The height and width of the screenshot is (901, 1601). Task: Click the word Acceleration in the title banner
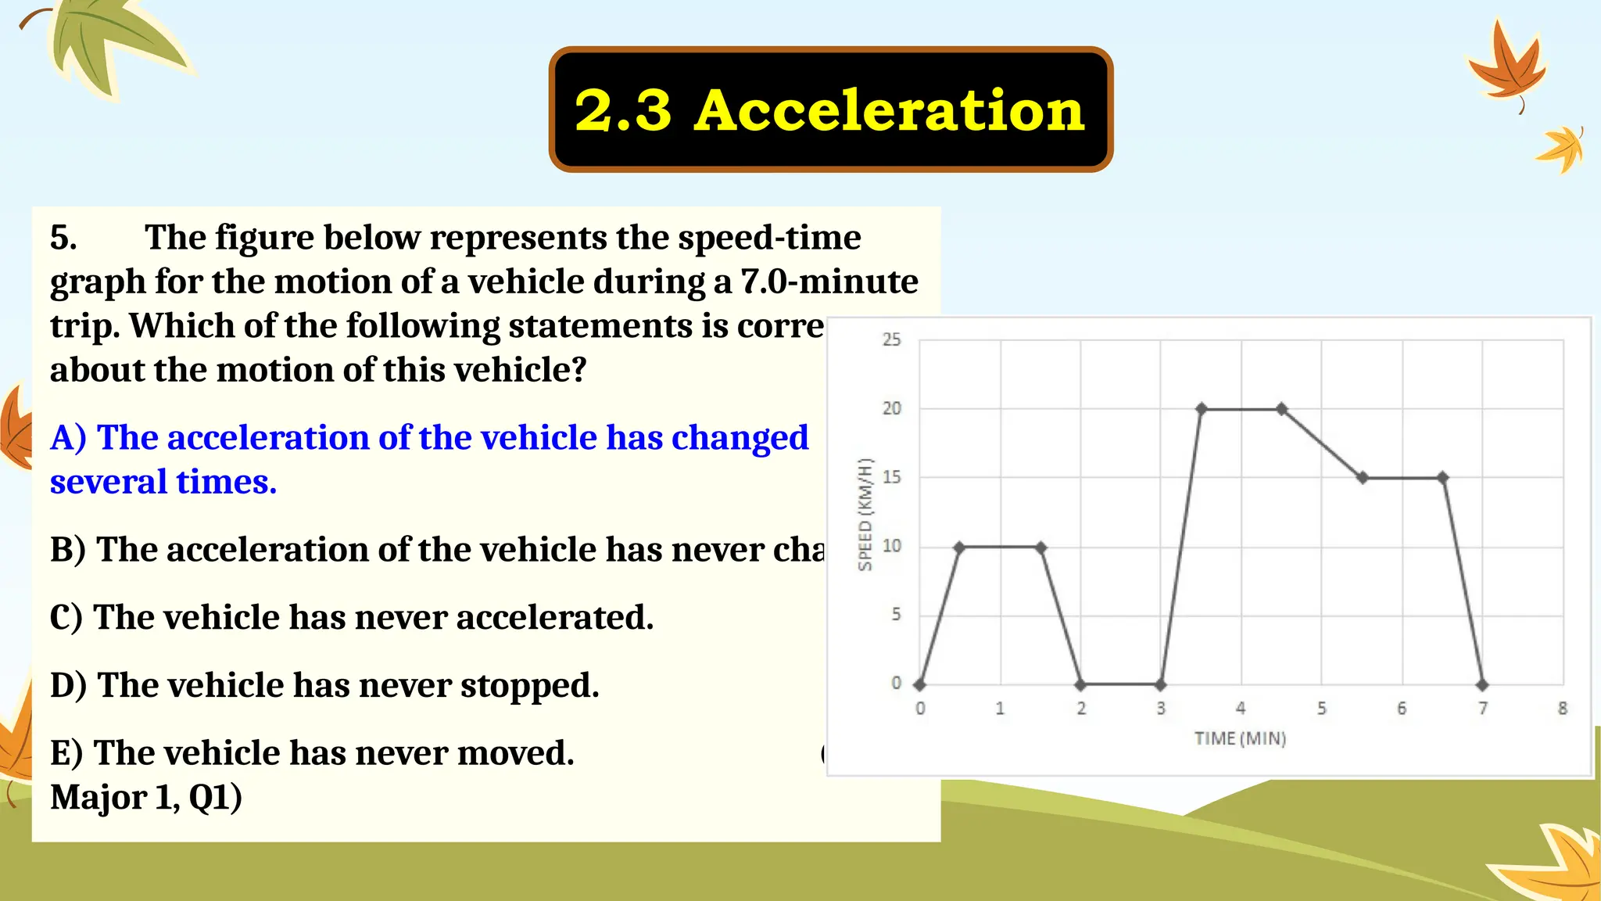(889, 110)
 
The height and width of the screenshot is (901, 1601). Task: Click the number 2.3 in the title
(623, 110)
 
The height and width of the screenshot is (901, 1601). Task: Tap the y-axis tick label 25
(891, 339)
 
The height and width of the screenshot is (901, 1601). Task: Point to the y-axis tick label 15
(891, 477)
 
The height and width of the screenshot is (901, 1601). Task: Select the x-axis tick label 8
(1562, 709)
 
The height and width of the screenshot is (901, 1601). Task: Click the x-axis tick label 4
(1241, 709)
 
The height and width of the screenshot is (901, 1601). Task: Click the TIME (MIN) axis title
(1240, 738)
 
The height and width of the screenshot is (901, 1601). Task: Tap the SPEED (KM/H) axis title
(865, 515)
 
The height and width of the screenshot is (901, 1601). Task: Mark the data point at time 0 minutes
(920, 685)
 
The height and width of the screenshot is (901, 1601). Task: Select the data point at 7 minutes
(1482, 685)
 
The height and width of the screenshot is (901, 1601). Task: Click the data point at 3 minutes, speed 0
(1161, 685)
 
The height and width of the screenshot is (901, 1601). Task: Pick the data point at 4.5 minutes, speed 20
(1282, 409)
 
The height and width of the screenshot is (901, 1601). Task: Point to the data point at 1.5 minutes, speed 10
(1040, 547)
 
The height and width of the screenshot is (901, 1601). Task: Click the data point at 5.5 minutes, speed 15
(1363, 478)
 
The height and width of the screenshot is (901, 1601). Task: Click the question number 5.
(63, 238)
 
